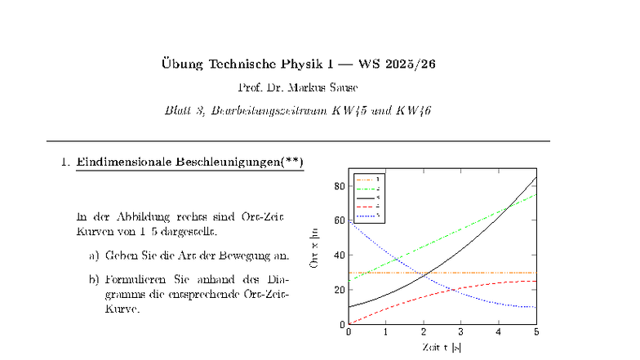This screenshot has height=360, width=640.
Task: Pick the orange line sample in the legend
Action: [364, 179]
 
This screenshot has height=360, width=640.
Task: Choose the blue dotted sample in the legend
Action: [364, 215]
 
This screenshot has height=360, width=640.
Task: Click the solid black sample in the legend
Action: [364, 197]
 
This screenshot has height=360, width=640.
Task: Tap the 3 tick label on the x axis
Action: [461, 332]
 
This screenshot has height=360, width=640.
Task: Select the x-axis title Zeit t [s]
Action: [442, 347]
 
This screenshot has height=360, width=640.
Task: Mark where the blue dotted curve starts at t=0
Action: [349, 220]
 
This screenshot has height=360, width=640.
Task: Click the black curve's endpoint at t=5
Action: [536, 177]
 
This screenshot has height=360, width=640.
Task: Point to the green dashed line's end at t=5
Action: [536, 193]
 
